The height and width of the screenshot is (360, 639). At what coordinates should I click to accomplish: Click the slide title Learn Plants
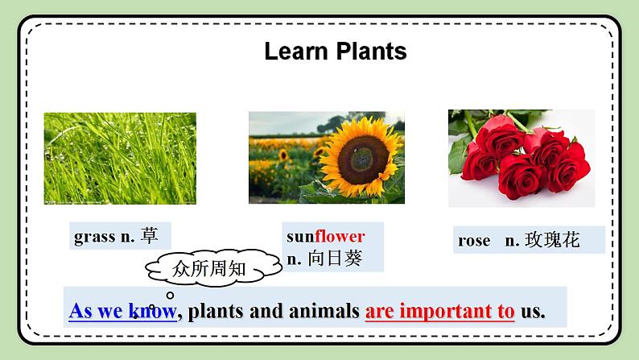coord(335,52)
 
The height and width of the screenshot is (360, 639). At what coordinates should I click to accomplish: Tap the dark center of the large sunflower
coord(354,151)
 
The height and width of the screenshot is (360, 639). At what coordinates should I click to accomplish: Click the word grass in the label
coord(95,236)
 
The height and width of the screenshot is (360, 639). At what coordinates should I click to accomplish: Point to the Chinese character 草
coord(150,236)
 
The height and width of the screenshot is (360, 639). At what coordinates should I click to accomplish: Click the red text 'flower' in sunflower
coord(340,236)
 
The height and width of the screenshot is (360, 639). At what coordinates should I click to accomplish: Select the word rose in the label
coord(474,240)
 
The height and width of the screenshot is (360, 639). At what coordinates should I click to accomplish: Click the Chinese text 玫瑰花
coord(552,239)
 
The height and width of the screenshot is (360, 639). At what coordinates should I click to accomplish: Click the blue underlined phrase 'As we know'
coord(122,310)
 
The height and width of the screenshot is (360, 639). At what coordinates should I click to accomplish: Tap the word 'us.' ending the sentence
coord(533,310)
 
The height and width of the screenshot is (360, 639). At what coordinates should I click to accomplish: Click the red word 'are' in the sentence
coord(380,310)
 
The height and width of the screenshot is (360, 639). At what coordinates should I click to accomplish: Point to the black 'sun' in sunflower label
coord(300,236)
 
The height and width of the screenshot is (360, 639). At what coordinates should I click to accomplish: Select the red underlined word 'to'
coord(505,310)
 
